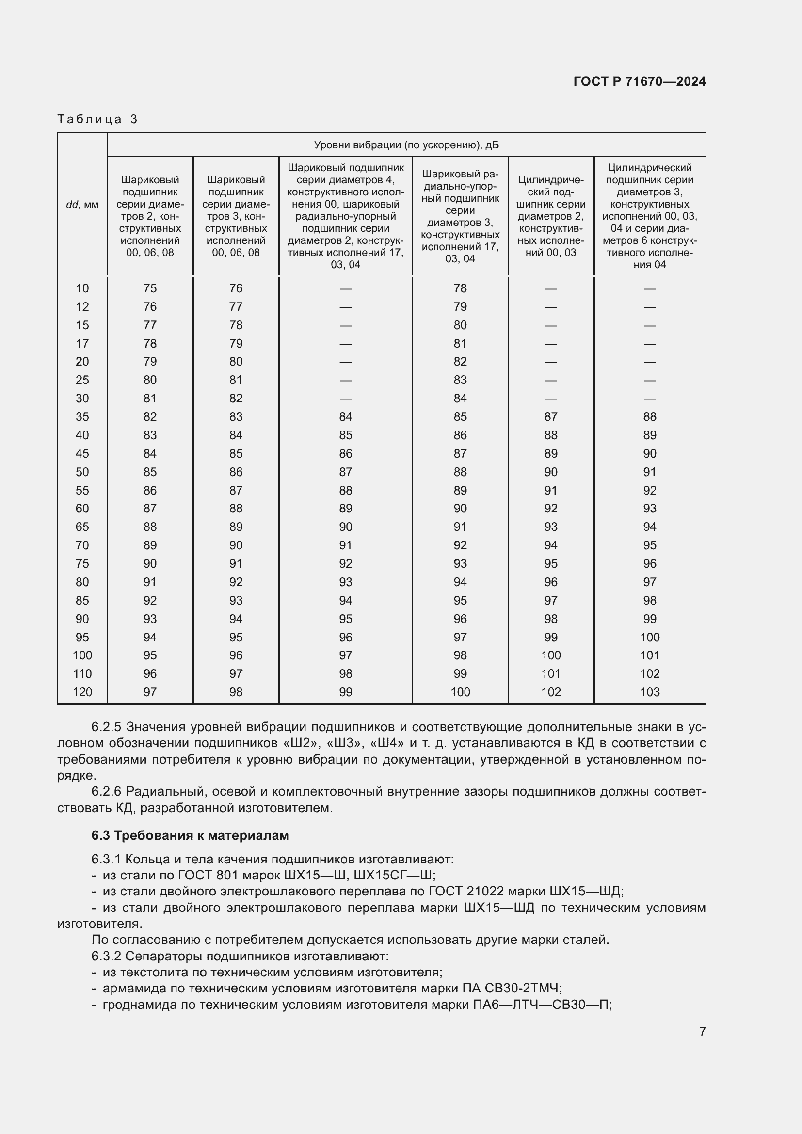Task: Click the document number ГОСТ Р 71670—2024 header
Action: [639, 81]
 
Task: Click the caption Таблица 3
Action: [97, 119]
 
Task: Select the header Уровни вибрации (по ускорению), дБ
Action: [406, 144]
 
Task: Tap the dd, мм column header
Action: [82, 205]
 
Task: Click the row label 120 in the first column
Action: [82, 692]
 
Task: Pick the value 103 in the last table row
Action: [649, 692]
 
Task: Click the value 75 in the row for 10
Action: [150, 288]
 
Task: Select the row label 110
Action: [82, 674]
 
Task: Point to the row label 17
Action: [82, 343]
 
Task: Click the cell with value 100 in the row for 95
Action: [649, 637]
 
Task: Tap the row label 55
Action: [82, 491]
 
